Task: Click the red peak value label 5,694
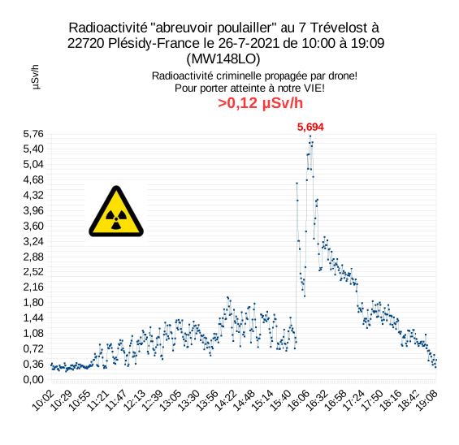click(x=310, y=127)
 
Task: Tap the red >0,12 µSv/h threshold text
click(x=260, y=103)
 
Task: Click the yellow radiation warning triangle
click(x=116, y=211)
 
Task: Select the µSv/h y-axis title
click(x=35, y=77)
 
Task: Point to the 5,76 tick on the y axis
click(x=33, y=134)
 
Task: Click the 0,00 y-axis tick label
click(x=33, y=379)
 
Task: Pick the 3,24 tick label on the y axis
click(x=33, y=241)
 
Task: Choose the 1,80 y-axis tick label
click(x=33, y=302)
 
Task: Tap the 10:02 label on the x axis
click(x=43, y=400)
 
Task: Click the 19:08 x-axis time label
click(x=427, y=400)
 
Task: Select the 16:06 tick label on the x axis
click(x=299, y=400)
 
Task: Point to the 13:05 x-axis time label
click(x=171, y=400)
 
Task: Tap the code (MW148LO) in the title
click(x=223, y=58)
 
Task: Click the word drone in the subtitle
click(x=342, y=76)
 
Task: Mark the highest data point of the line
click(x=310, y=136)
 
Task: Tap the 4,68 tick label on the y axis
click(x=33, y=179)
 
